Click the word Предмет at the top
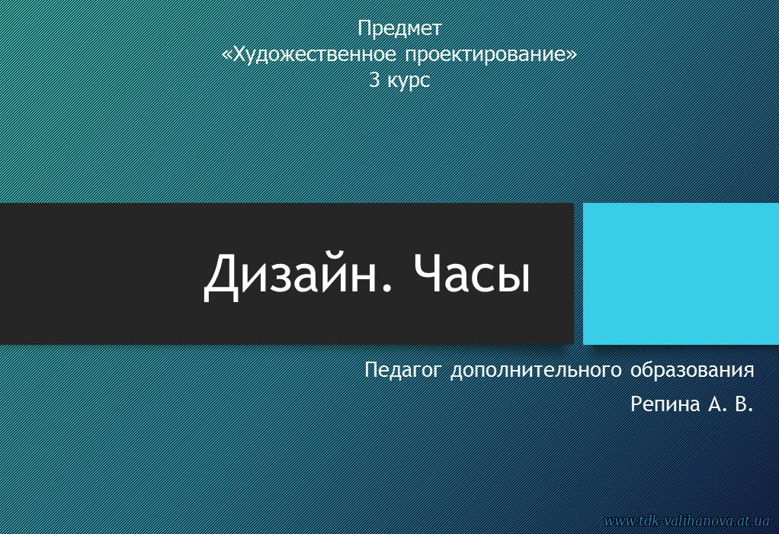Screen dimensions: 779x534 click(x=399, y=29)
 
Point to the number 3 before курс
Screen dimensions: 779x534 click(x=374, y=79)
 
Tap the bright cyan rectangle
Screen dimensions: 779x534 click(x=681, y=273)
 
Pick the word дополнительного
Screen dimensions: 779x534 click(x=536, y=371)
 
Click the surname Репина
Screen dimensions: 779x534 click(x=665, y=405)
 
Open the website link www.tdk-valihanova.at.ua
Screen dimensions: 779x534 click(x=686, y=520)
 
